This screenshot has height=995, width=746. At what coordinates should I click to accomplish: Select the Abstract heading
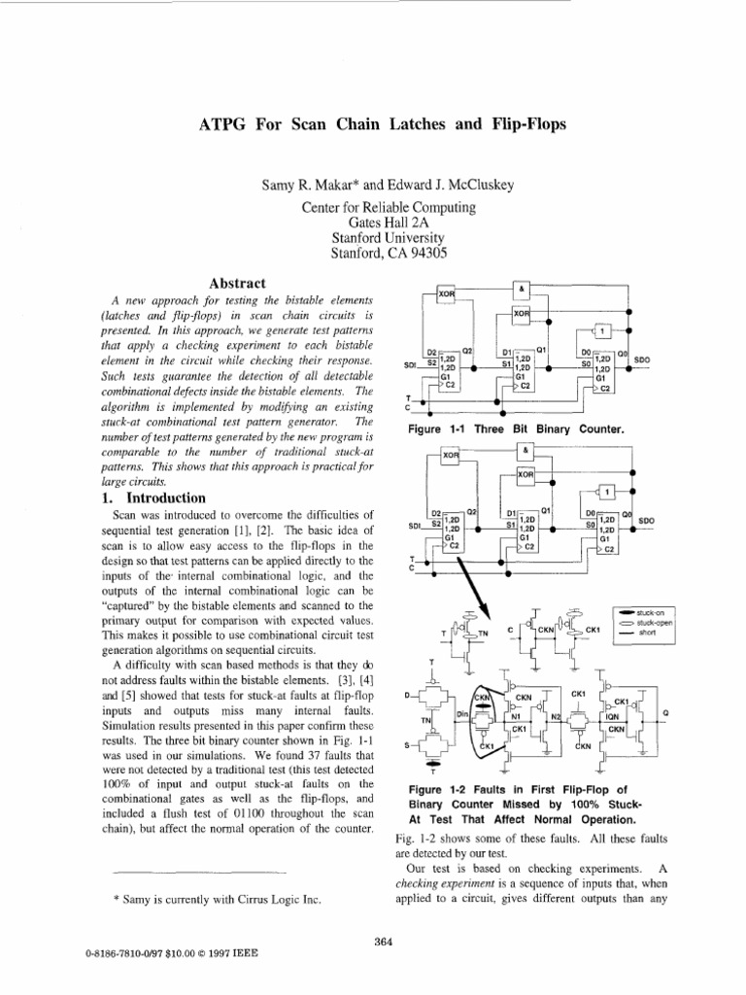[x=238, y=283]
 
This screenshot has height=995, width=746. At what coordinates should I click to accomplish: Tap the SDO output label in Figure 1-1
[x=641, y=360]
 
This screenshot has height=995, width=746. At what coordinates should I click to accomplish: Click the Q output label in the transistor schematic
[x=665, y=712]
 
